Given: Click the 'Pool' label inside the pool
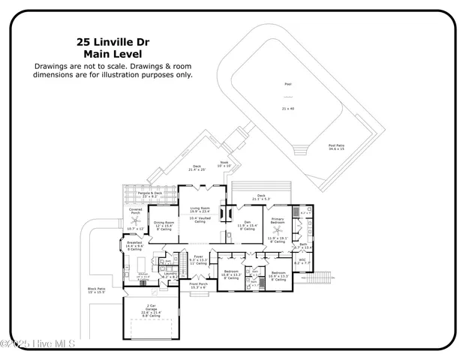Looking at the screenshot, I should (287, 95).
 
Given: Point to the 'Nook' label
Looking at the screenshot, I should (224, 163).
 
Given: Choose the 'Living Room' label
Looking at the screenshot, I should (199, 209).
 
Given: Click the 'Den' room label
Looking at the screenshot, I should (247, 222).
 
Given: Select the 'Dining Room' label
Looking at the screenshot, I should (164, 223).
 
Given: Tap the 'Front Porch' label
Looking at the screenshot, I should (198, 285).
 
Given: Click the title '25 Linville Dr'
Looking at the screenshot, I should (113, 42).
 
